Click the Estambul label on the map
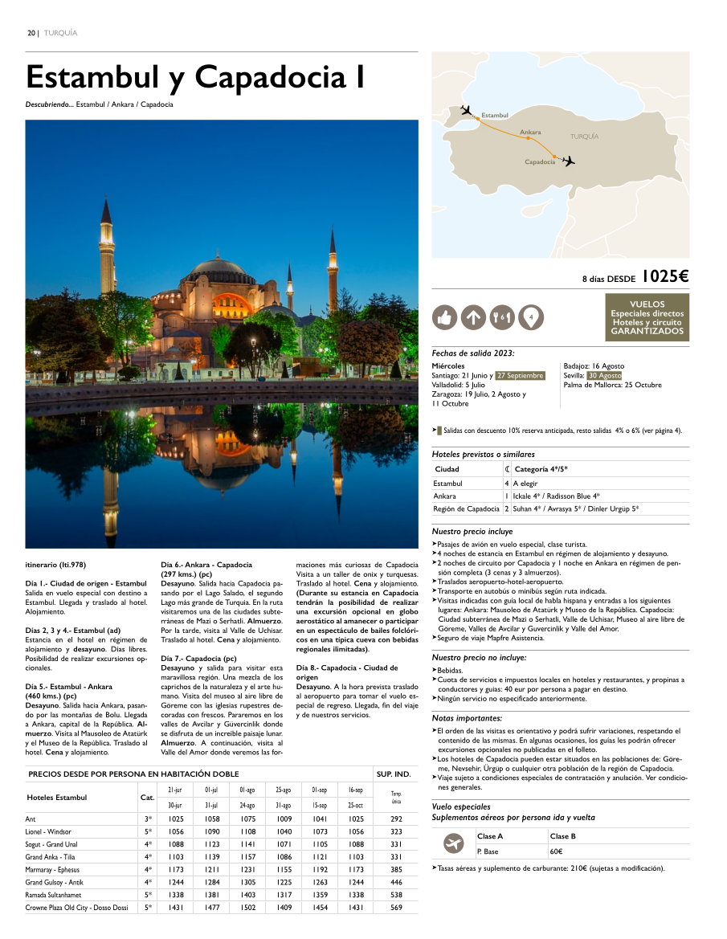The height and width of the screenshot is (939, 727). (x=495, y=116)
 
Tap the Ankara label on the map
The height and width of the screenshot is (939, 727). (x=530, y=132)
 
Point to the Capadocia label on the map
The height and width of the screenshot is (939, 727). (x=540, y=162)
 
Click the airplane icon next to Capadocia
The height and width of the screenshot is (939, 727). (x=569, y=161)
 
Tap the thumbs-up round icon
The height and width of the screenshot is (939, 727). (x=443, y=318)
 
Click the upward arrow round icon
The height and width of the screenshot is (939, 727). (x=473, y=318)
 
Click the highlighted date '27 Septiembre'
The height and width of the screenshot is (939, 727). (x=520, y=376)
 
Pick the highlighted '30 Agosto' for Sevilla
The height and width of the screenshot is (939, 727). (x=604, y=376)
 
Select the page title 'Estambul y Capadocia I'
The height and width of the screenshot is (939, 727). (x=196, y=78)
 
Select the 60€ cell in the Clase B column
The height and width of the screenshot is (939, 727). (x=556, y=851)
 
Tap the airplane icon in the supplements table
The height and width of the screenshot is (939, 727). (x=454, y=843)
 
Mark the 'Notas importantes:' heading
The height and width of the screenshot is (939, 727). (x=467, y=718)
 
